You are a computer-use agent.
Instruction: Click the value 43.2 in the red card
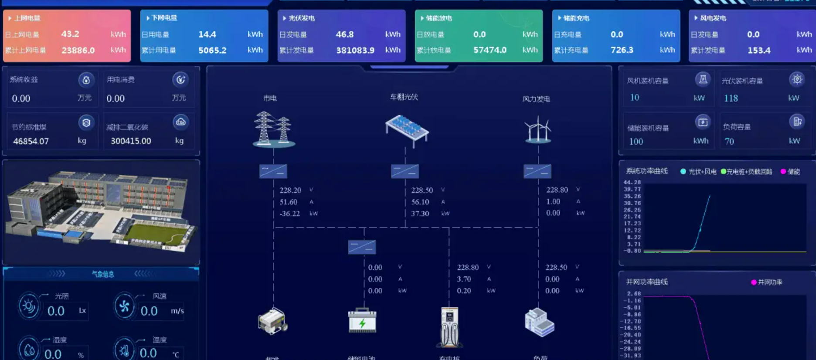point(70,34)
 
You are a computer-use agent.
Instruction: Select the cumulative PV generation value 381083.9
point(355,50)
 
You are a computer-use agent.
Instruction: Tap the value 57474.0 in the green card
point(490,50)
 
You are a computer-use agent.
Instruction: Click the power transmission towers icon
point(273,129)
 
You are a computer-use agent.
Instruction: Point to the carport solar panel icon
point(407,129)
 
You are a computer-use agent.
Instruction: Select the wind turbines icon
point(538,129)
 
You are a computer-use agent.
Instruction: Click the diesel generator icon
point(273,322)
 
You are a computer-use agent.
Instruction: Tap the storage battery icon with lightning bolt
point(362,321)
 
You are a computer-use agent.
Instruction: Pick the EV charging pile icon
point(449,327)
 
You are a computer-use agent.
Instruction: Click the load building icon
point(539,323)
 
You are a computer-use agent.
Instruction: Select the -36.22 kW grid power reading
point(290,214)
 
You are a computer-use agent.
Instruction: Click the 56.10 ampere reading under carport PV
point(420,202)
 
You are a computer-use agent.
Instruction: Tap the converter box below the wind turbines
point(537,171)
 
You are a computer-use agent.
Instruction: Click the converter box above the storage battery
point(362,247)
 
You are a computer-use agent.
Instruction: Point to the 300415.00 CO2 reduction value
point(131,141)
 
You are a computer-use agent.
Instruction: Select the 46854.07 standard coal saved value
point(31,141)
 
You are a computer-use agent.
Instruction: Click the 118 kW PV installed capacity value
point(731,98)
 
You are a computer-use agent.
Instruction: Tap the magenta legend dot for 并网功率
point(754,282)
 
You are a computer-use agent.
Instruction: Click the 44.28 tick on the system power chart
point(632,182)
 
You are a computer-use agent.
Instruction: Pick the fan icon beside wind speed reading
point(124,306)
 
